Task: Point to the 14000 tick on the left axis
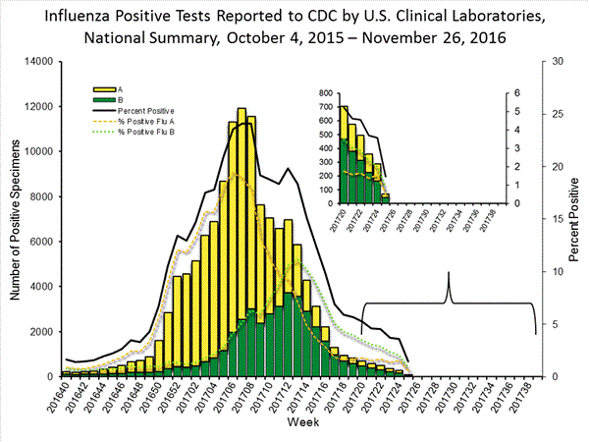tap(37, 62)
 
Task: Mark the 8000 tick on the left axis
tap(41, 196)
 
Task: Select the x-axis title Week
tap(300, 421)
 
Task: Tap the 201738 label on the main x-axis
tap(531, 398)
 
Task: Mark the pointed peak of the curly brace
tap(450, 272)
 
